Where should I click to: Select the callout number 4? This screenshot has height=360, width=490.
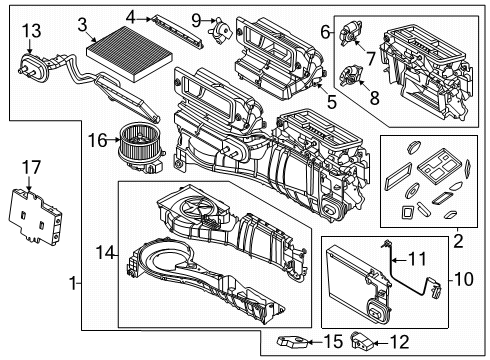pyautogui.click(x=131, y=16)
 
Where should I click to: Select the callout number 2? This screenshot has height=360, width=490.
pyautogui.click(x=459, y=239)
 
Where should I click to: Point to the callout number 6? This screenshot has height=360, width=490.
pyautogui.click(x=326, y=34)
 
